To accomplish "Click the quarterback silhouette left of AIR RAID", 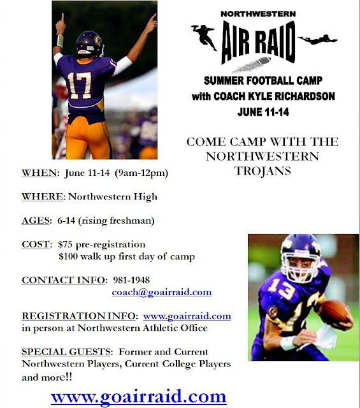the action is pyautogui.click(x=204, y=37).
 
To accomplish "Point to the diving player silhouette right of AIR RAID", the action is pyautogui.click(x=317, y=40).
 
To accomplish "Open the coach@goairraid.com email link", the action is pyautogui.click(x=162, y=292).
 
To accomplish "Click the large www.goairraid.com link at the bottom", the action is pyautogui.click(x=139, y=397).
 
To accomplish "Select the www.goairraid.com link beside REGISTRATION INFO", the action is pyautogui.click(x=187, y=316).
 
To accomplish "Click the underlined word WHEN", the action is pyautogui.click(x=39, y=173).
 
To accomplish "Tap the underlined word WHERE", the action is pyautogui.click(x=43, y=196).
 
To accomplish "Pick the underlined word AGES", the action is pyautogui.click(x=36, y=221).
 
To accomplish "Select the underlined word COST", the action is pyautogui.click(x=36, y=245).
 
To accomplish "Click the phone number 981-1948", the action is pyautogui.click(x=131, y=280).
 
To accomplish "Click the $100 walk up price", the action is pyautogui.click(x=68, y=256).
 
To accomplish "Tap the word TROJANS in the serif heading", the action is pyautogui.click(x=263, y=171).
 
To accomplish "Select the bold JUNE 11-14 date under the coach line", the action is pyautogui.click(x=263, y=112).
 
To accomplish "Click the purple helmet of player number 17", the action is pyautogui.click(x=90, y=43).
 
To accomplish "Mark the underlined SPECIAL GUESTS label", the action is pyautogui.click(x=66, y=352).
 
